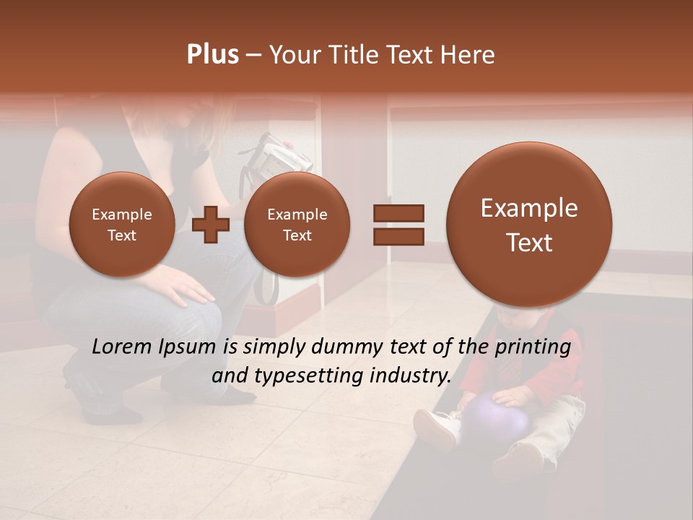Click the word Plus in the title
click(x=212, y=55)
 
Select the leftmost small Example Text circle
click(x=122, y=225)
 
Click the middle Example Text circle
click(x=297, y=225)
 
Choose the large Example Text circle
click(x=529, y=225)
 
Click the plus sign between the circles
click(x=210, y=225)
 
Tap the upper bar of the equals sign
click(x=398, y=213)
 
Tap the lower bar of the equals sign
click(x=398, y=236)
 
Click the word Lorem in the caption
click(x=122, y=347)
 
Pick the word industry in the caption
click(x=414, y=376)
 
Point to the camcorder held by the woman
click(x=282, y=153)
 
